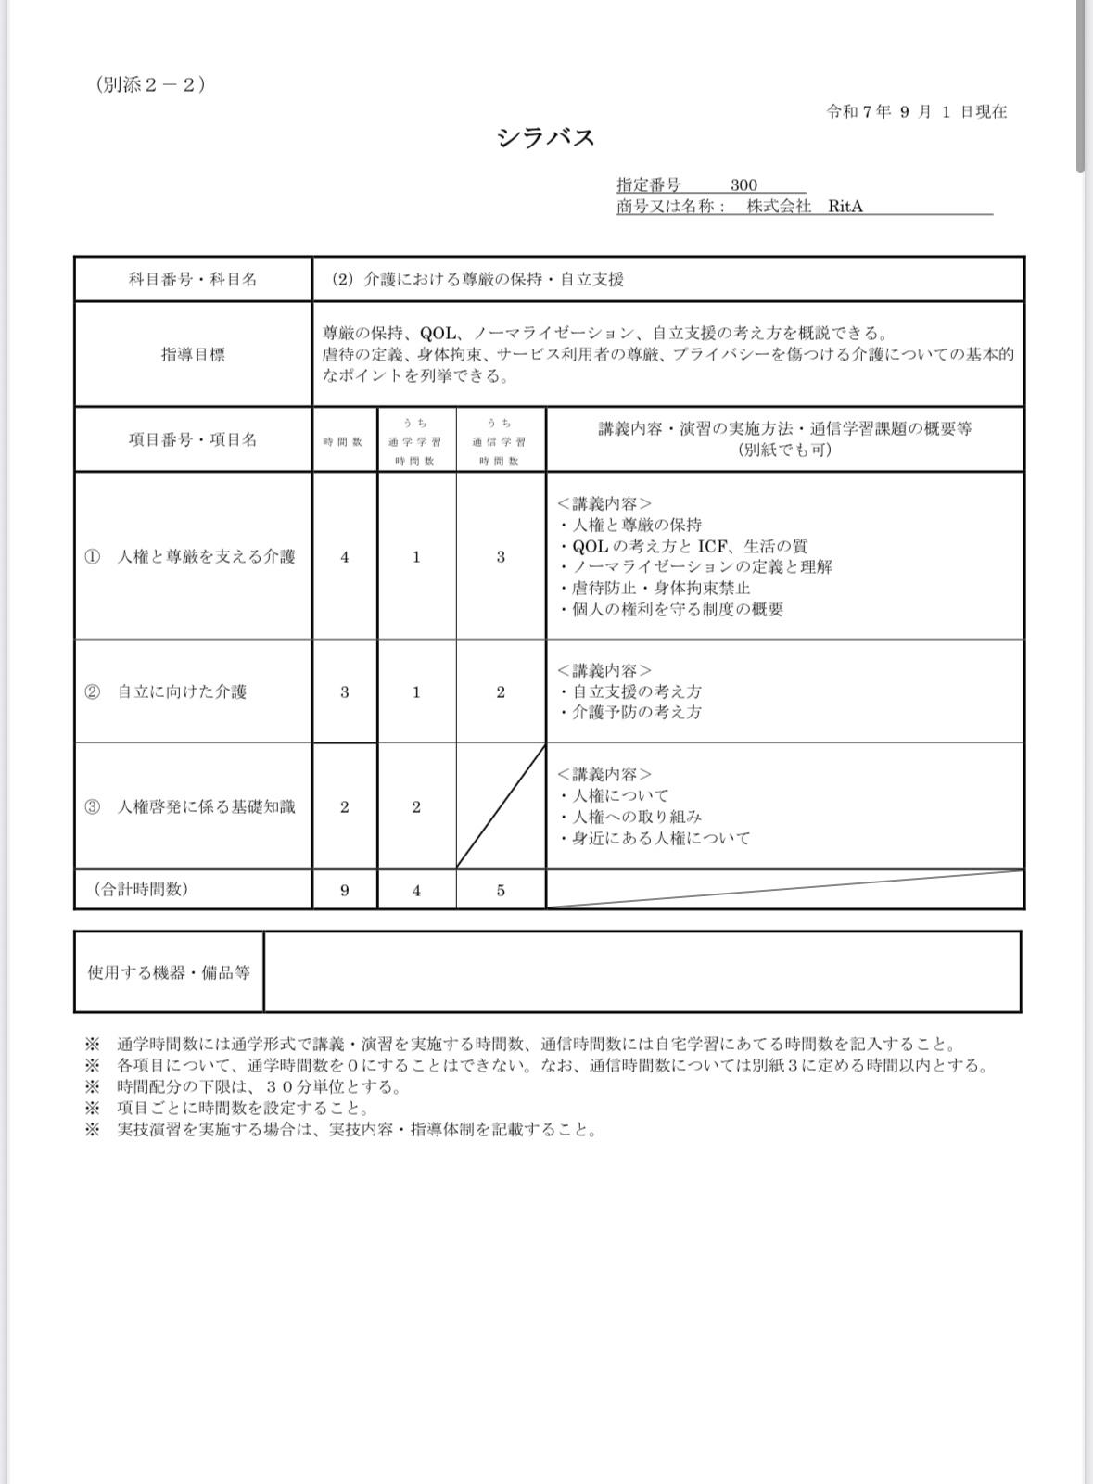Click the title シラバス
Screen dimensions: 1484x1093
(545, 138)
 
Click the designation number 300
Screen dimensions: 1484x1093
(743, 184)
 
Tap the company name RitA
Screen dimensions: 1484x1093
(845, 206)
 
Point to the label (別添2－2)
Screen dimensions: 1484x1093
(149, 84)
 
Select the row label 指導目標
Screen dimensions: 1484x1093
(193, 354)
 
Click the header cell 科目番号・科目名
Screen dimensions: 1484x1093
(193, 279)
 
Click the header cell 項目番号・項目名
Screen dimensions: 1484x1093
(193, 439)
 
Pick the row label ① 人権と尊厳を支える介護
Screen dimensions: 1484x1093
(190, 556)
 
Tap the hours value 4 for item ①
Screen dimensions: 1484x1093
(345, 557)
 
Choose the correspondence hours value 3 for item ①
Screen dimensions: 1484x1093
(501, 557)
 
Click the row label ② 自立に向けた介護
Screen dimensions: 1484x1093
(166, 691)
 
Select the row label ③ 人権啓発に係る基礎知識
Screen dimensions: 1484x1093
(190, 806)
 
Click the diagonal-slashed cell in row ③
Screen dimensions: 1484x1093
(501, 806)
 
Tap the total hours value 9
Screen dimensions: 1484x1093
(345, 890)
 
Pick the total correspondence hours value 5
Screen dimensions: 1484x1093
(501, 890)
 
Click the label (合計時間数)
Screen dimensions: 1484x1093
(141, 889)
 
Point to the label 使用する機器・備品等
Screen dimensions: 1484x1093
(169, 972)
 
